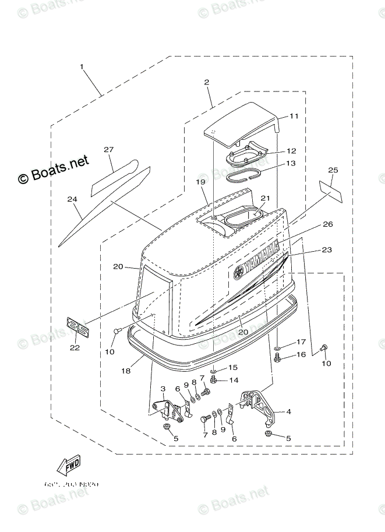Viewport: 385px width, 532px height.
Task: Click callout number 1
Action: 82,67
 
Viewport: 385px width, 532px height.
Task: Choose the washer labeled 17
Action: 278,347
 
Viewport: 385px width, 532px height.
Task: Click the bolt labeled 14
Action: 214,380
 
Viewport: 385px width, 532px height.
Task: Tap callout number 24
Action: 72,199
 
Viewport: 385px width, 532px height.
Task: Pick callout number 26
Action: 328,224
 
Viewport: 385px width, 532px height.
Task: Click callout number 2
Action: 207,83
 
